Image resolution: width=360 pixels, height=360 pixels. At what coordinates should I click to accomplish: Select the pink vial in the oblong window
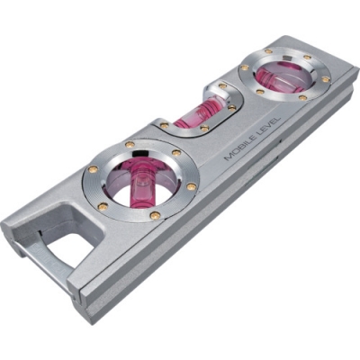[x=190, y=115]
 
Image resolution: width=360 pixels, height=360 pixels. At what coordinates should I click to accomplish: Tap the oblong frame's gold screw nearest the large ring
[x=165, y=127]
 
